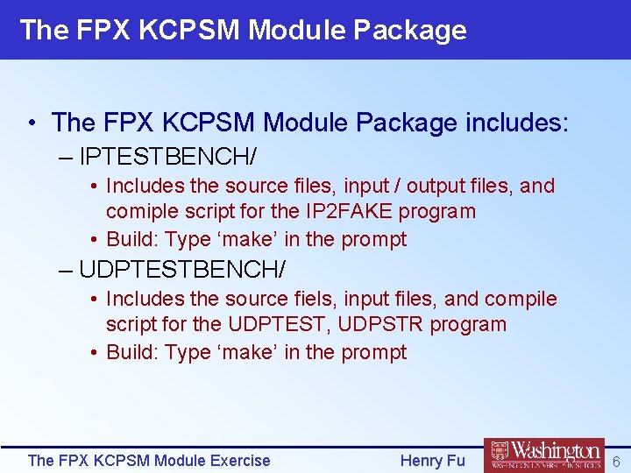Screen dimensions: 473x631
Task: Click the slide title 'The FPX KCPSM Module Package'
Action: click(243, 30)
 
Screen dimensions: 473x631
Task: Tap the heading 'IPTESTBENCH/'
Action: click(167, 157)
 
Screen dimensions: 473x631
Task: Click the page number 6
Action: click(615, 461)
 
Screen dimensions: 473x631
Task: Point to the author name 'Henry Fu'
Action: click(432, 461)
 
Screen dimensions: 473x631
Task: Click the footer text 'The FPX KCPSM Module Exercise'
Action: click(149, 461)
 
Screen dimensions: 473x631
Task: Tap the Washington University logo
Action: click(544, 455)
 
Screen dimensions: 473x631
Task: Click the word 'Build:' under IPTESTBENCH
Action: click(132, 239)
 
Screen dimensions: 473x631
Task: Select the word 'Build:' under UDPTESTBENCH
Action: click(132, 352)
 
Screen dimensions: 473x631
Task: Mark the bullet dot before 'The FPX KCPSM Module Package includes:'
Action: click(32, 123)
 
